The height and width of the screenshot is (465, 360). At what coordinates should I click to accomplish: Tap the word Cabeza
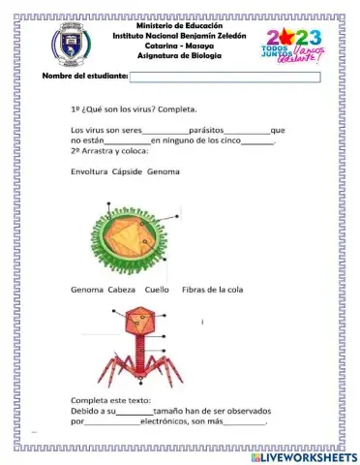[x=120, y=290]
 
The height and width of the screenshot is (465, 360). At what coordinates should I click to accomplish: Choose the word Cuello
[x=157, y=290]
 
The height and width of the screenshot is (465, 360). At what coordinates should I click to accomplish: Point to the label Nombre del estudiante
[x=85, y=77]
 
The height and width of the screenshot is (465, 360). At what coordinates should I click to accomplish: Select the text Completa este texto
[x=110, y=399]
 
